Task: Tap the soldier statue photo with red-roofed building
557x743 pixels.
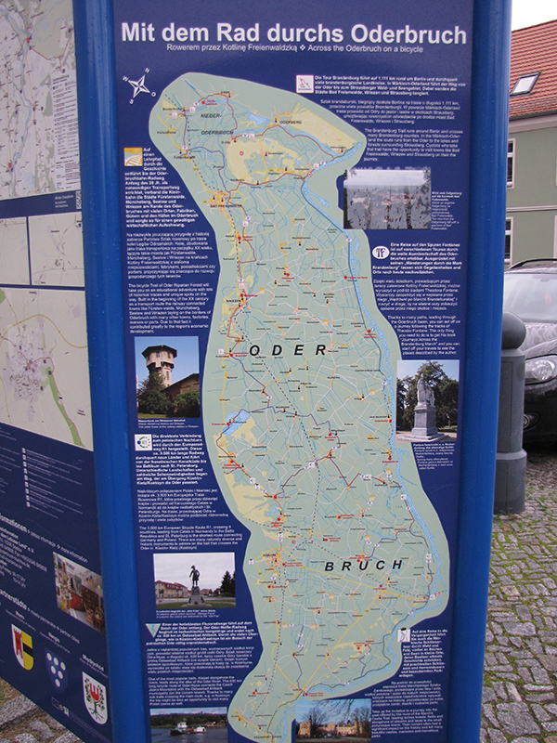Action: click(194, 581)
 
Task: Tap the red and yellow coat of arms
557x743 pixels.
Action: click(22, 646)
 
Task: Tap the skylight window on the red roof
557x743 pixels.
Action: click(523, 85)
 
